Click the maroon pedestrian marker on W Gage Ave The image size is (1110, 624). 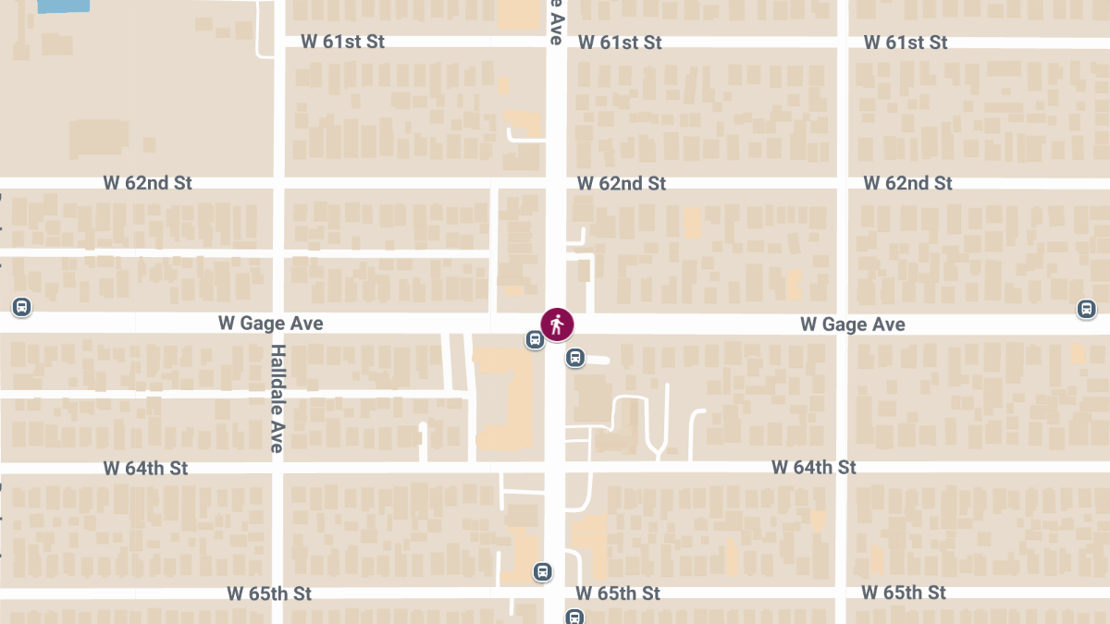pos(557,324)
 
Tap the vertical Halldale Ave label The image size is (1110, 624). pos(277,398)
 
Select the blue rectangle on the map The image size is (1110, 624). pos(64,6)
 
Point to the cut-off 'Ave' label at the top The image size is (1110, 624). pos(555,22)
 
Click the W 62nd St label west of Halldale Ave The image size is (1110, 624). pos(147,183)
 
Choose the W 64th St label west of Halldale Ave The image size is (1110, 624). pos(145,469)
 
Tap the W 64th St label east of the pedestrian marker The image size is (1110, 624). pos(814,468)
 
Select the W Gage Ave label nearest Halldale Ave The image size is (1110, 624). pos(270,324)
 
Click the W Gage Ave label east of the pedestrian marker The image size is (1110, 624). pos(852,324)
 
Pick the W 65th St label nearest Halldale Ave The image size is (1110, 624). pos(269,593)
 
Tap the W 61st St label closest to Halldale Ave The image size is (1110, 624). pos(342,42)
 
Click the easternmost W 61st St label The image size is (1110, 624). pos(906,43)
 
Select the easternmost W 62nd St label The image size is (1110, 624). pos(907,183)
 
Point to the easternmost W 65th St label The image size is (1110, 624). pos(904,592)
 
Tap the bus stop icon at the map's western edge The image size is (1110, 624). pos(21,307)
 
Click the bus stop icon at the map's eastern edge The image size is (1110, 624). pos(1087,309)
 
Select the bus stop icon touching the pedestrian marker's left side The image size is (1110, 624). pos(535,339)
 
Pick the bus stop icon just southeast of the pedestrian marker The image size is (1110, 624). pos(575,357)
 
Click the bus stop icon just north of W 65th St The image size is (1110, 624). pos(543,572)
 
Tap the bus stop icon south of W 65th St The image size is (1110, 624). pos(574,617)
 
